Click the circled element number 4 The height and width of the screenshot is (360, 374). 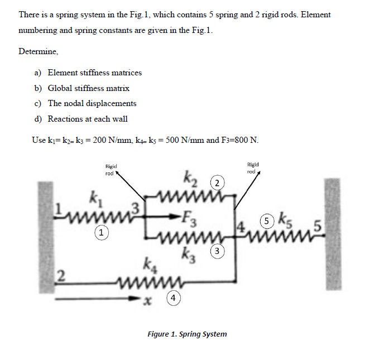[175, 299]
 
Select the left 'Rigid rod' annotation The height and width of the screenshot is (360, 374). [111, 169]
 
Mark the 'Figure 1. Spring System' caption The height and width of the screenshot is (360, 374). [187, 334]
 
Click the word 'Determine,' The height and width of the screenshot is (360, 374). [38, 51]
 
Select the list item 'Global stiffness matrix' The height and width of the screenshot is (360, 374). [88, 88]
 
